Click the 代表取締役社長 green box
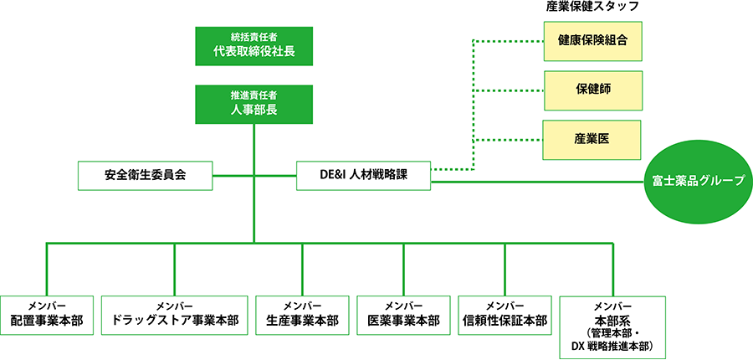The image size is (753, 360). (x=254, y=47)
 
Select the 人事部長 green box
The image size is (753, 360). (x=254, y=104)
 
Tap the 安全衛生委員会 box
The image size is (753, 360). (x=145, y=176)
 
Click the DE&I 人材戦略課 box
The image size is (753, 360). (x=363, y=176)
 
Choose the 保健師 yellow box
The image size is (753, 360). (x=592, y=90)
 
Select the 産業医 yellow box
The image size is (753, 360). (x=592, y=139)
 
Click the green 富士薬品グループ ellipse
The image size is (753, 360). (x=698, y=181)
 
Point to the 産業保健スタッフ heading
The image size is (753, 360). (x=592, y=8)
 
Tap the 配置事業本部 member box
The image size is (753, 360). (x=47, y=314)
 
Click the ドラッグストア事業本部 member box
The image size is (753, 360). (x=175, y=314)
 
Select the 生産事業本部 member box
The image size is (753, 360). (x=302, y=314)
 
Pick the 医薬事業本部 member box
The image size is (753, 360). (x=403, y=314)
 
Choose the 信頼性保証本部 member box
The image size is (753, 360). (x=505, y=314)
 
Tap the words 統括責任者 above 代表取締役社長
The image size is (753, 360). (x=254, y=37)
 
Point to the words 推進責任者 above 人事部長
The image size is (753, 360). (x=254, y=95)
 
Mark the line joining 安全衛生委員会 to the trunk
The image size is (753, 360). (x=233, y=176)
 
